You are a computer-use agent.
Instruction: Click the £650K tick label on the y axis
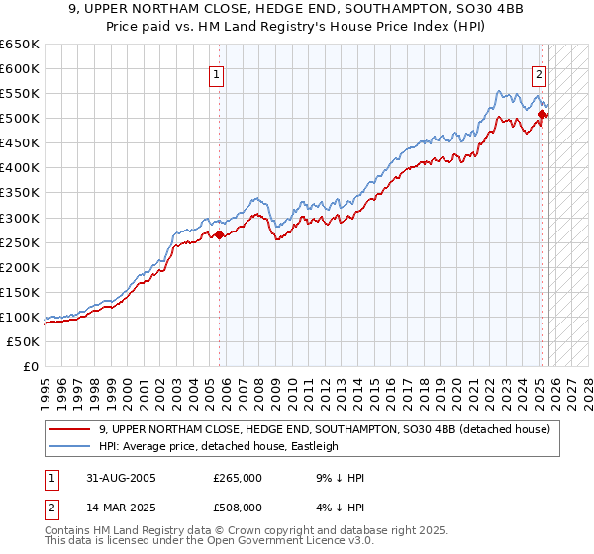tap(20, 45)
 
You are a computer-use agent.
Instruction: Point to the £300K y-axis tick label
tap(20, 218)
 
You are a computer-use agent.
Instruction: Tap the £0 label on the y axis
tap(30, 366)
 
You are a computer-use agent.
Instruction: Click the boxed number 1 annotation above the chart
tap(216, 72)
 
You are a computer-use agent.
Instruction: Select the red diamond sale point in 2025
tap(543, 115)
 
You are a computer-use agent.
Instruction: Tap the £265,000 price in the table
tap(238, 478)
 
